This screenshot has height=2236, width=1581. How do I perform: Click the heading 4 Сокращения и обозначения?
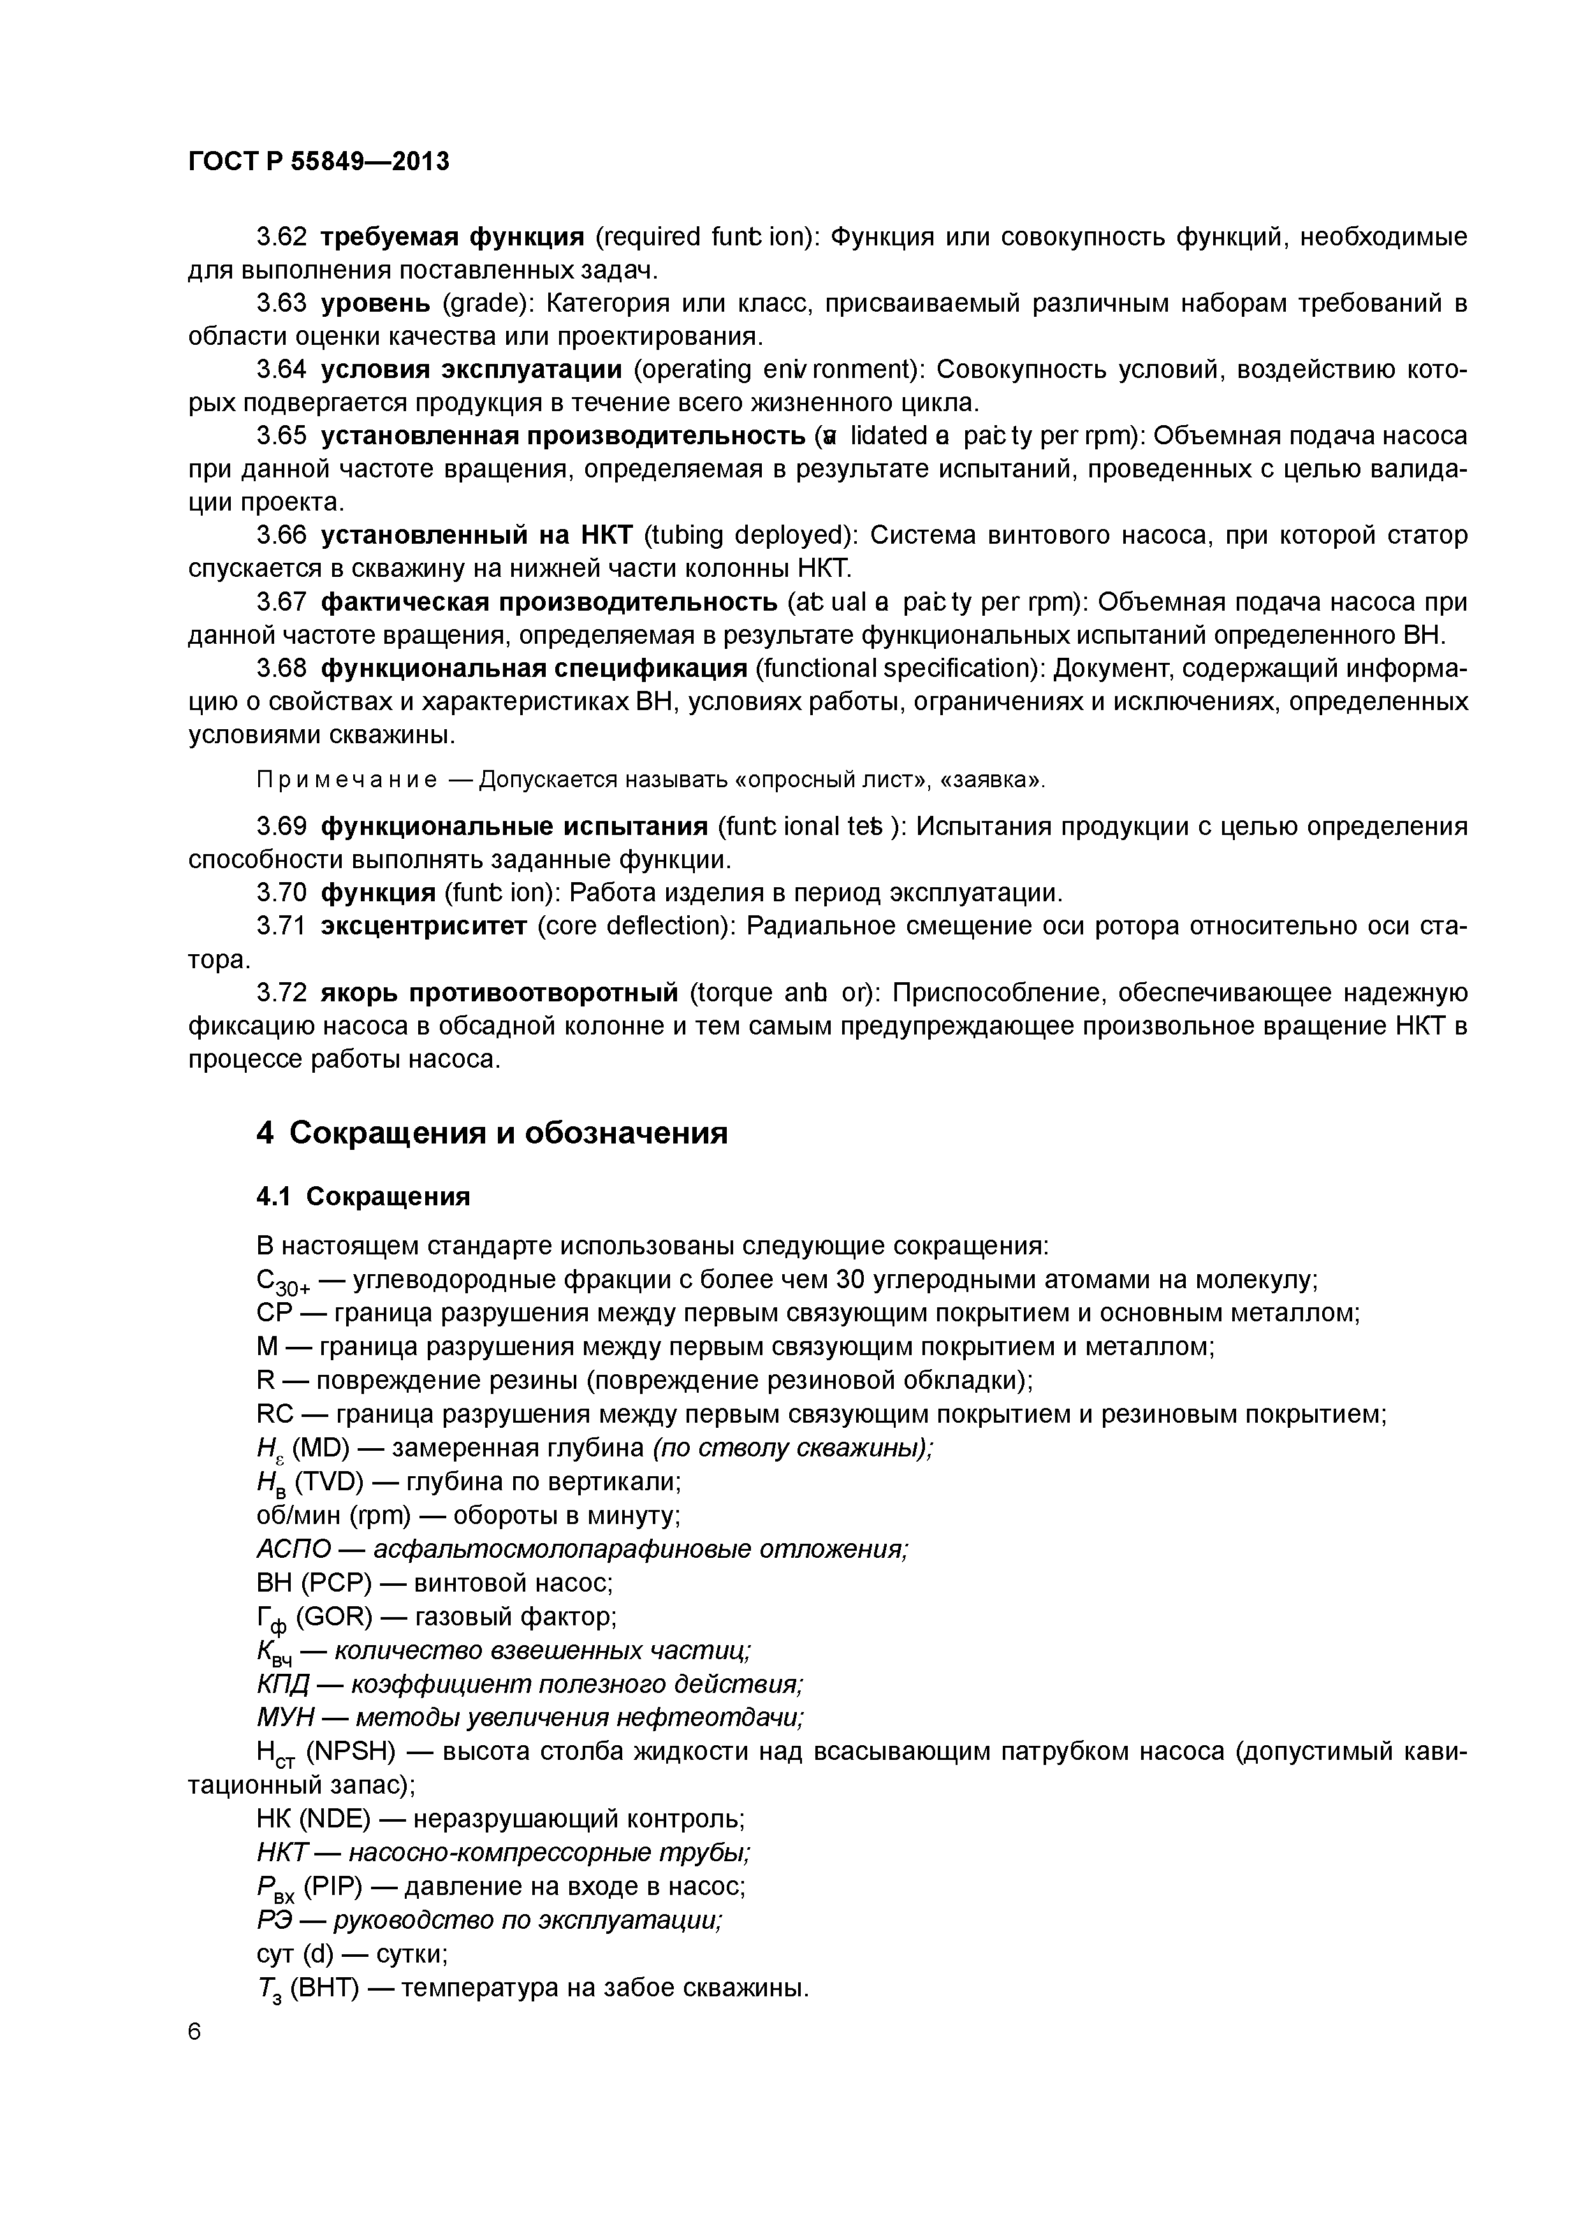pyautogui.click(x=492, y=1133)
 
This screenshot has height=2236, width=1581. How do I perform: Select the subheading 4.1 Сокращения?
pyautogui.click(x=363, y=1196)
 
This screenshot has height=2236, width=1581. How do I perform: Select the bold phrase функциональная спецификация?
pyautogui.click(x=534, y=668)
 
